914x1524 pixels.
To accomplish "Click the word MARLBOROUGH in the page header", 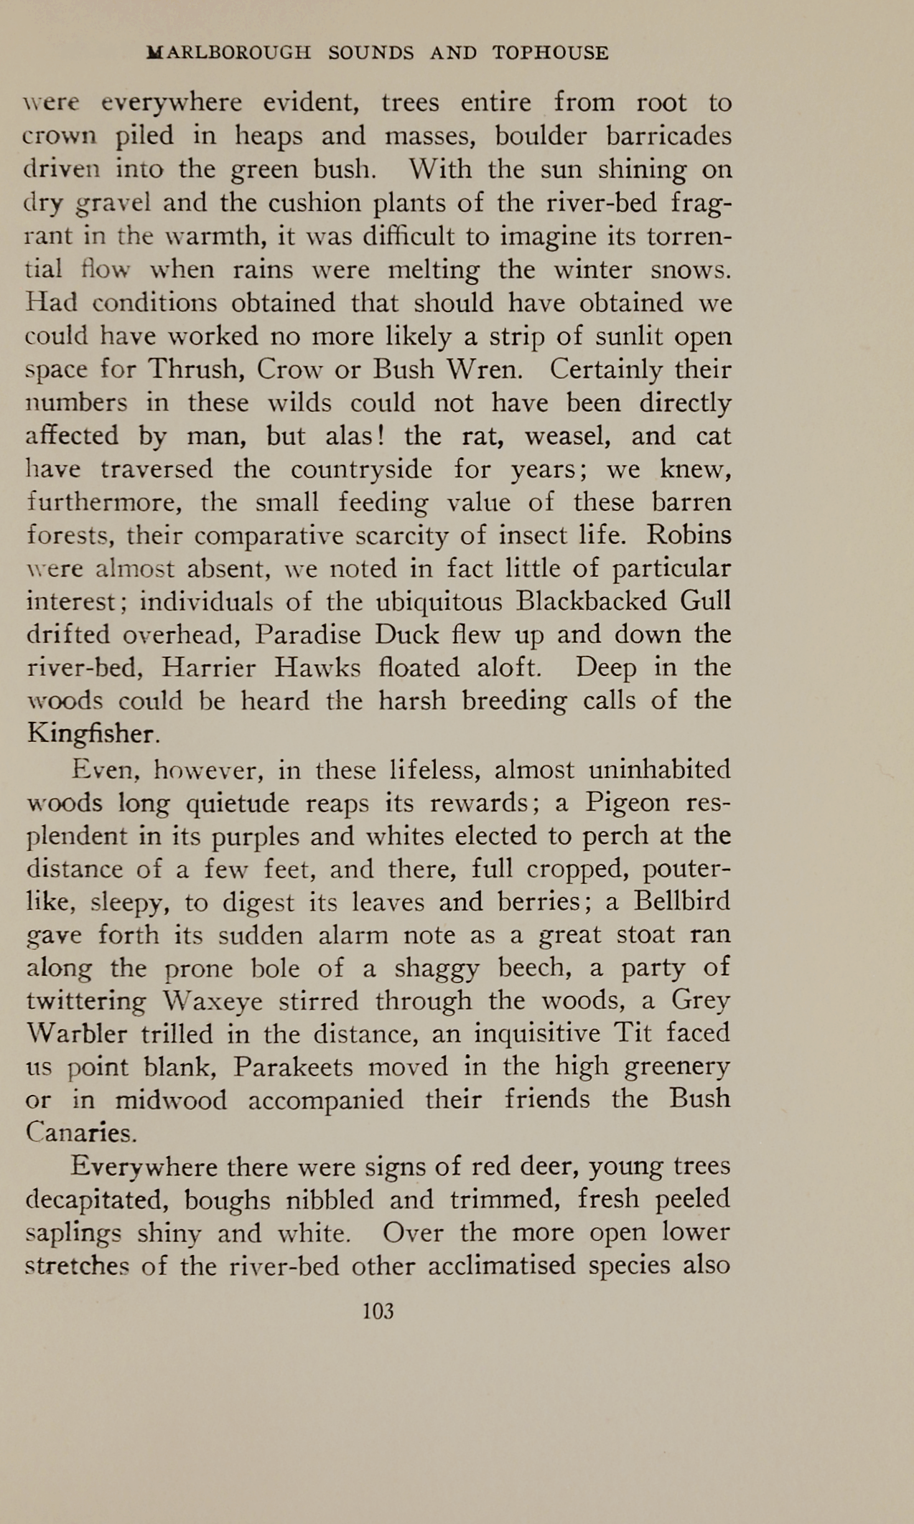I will [228, 53].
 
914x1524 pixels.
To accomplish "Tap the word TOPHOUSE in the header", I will [550, 53].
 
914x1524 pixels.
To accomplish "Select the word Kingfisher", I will [92, 733].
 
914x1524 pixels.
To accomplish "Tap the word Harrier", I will [208, 667].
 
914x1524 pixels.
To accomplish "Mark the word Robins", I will [689, 535].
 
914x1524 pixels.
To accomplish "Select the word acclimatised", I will [502, 1265].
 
